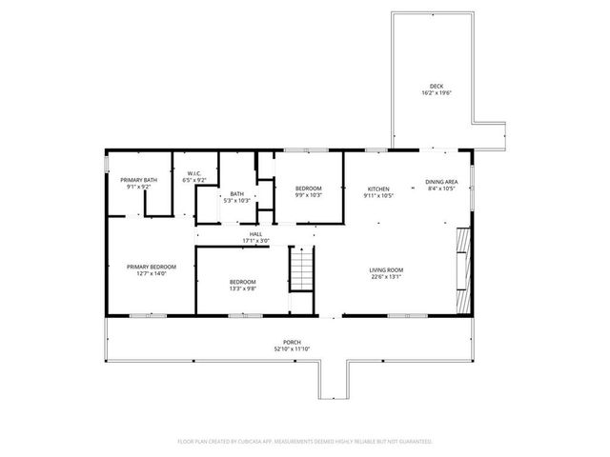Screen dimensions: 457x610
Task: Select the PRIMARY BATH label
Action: point(137,180)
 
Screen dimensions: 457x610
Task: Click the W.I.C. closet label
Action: point(195,172)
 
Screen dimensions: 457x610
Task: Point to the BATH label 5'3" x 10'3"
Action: point(235,194)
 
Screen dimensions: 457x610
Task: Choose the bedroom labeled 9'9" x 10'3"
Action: point(308,189)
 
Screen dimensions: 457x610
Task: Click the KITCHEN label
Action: point(378,189)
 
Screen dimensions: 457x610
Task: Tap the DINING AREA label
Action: point(440,182)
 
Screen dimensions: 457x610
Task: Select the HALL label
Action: point(255,234)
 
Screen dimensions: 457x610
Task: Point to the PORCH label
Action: point(292,342)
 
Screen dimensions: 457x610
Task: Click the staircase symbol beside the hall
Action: point(301,268)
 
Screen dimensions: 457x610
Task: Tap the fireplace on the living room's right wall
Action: point(463,257)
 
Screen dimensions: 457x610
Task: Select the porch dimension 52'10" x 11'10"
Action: point(292,348)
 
